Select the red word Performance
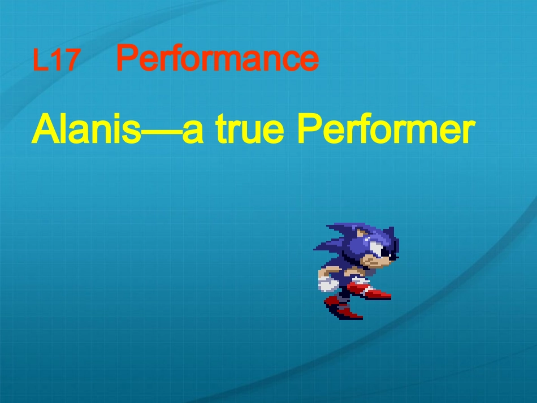[x=218, y=59]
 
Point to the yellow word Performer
[x=384, y=131]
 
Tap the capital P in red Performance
[x=127, y=58]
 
